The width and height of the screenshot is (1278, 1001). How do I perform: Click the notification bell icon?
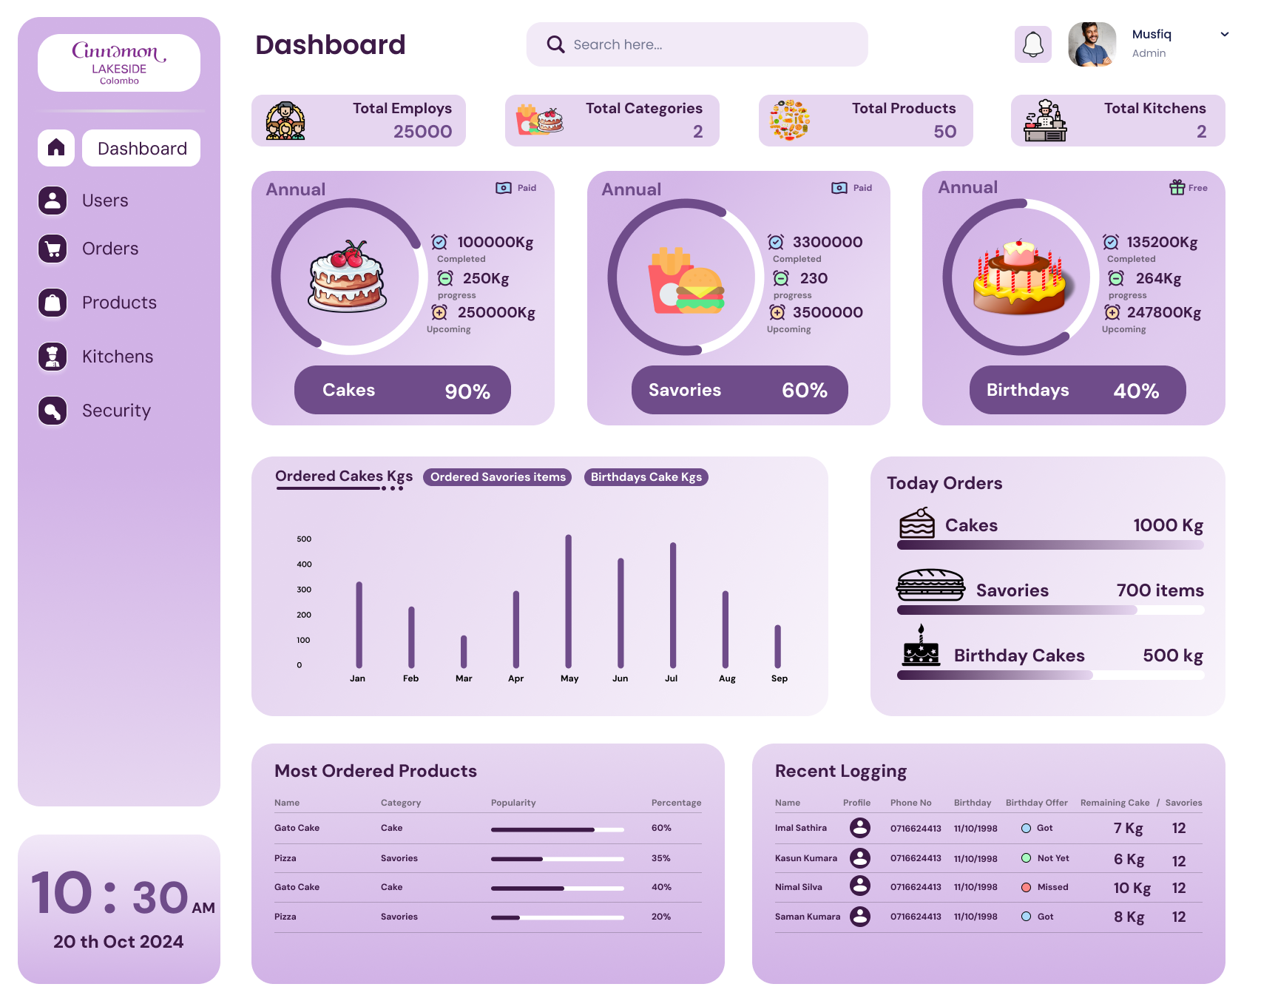(x=1032, y=44)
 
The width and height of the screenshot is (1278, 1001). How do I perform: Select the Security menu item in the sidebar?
(x=116, y=411)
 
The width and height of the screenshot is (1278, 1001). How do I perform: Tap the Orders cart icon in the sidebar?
(x=53, y=249)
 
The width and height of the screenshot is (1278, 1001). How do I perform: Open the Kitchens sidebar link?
(x=118, y=357)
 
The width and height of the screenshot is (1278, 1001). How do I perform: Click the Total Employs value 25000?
(x=422, y=132)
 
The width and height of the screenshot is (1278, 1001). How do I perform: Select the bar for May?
(x=568, y=601)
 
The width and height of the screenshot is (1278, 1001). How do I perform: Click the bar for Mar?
(x=464, y=651)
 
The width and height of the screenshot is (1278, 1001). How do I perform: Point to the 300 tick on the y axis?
(x=304, y=590)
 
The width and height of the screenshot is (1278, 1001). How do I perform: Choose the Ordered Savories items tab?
(x=498, y=477)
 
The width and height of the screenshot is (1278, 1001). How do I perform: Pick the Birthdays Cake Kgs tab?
(x=646, y=477)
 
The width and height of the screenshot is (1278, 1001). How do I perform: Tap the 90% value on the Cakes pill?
(x=467, y=391)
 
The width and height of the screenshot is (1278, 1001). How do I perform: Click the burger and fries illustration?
(x=686, y=280)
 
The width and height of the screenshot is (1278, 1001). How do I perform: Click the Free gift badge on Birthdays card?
(x=1188, y=188)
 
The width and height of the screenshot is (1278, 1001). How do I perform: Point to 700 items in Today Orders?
(x=1160, y=590)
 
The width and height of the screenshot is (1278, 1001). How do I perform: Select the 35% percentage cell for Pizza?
(x=660, y=858)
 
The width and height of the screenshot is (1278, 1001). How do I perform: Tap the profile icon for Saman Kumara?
(x=860, y=917)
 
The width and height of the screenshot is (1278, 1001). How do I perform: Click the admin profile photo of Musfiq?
(x=1092, y=44)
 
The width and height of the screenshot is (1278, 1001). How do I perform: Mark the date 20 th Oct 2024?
(x=118, y=942)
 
